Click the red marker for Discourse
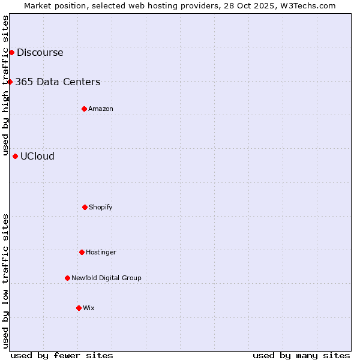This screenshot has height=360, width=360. click(x=11, y=52)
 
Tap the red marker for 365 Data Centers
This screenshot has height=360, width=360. click(x=10, y=82)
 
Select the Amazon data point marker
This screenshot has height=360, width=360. click(x=84, y=109)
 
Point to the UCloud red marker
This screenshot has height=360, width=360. click(x=15, y=156)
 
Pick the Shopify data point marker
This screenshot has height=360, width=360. click(x=85, y=207)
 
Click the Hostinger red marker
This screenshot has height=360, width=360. click(x=82, y=252)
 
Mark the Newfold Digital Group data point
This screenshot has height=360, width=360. click(x=67, y=278)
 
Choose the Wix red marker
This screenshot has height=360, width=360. click(x=79, y=308)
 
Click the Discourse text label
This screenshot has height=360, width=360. click(x=40, y=52)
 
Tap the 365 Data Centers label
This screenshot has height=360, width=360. click(x=58, y=82)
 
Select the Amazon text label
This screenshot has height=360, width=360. click(x=101, y=109)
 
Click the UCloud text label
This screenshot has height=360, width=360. click(x=37, y=156)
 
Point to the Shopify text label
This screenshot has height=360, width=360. click(x=101, y=207)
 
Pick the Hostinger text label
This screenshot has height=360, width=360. click(x=101, y=252)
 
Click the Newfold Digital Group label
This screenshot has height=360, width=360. click(x=106, y=278)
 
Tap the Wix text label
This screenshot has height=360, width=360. click(x=89, y=308)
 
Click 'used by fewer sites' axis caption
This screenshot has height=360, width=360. click(x=62, y=355)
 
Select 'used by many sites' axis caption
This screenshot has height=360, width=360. click(x=301, y=355)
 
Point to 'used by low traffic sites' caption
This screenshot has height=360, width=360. click(x=5, y=281)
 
